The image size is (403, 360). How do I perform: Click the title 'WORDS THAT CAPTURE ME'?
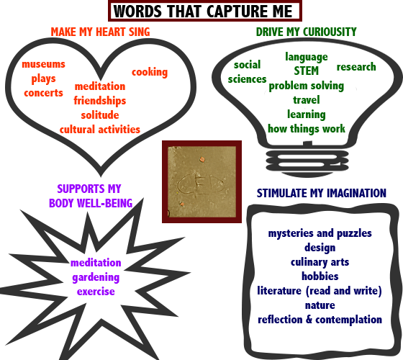(x=203, y=12)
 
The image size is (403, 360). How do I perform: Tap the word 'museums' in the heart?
(x=43, y=64)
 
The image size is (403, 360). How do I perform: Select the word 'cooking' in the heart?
(x=150, y=72)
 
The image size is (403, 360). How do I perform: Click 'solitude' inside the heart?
(x=100, y=115)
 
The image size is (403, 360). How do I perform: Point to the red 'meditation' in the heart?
(x=100, y=86)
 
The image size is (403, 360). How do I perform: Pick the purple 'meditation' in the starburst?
(x=96, y=263)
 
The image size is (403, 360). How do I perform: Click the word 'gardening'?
(x=96, y=277)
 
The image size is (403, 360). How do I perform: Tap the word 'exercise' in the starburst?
(x=96, y=292)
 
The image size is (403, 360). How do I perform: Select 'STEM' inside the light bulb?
(x=307, y=71)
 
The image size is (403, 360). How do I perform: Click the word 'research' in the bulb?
(x=356, y=67)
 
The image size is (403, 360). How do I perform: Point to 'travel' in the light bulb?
(x=307, y=100)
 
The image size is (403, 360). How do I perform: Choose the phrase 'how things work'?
(x=307, y=129)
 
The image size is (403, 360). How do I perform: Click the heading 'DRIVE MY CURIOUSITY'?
(x=307, y=32)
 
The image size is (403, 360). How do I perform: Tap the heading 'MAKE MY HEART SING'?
(x=100, y=32)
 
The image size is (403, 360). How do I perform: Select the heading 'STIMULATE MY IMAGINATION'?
(x=322, y=193)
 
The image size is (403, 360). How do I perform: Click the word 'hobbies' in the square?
(x=320, y=276)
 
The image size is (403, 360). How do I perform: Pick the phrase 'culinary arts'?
(x=320, y=262)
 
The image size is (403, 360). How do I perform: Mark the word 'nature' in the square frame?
(x=320, y=305)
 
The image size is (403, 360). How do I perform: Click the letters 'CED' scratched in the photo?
(x=201, y=184)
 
